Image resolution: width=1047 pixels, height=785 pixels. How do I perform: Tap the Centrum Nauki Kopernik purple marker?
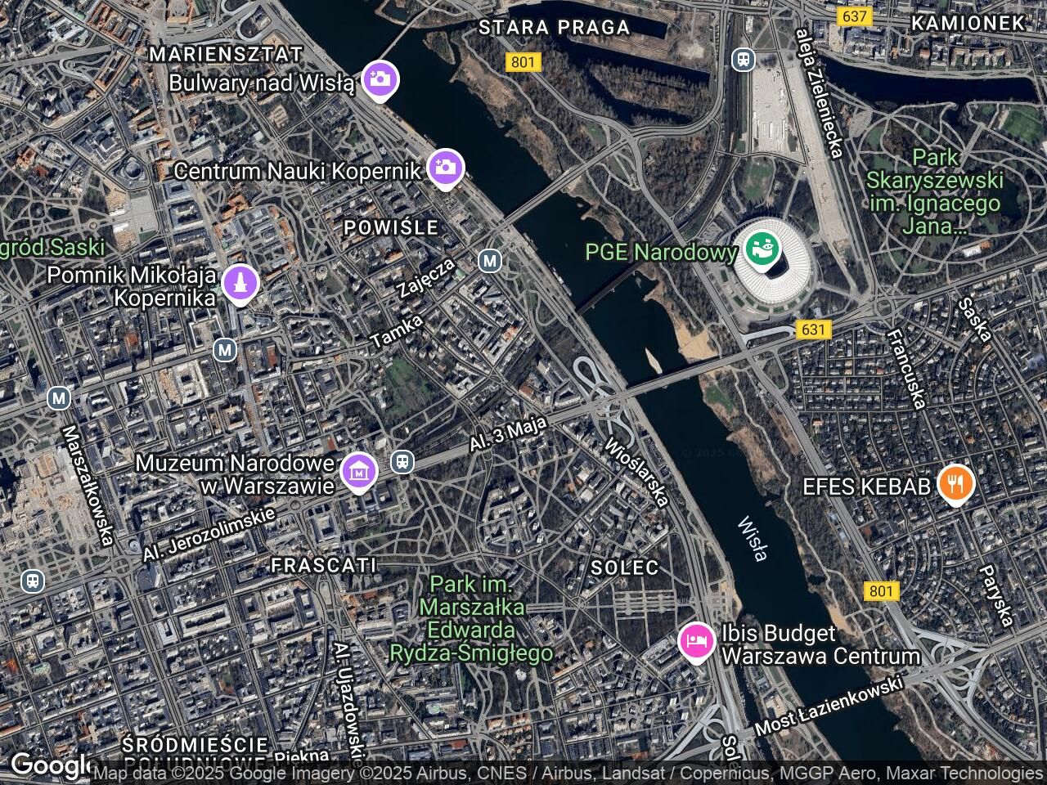[x=446, y=168]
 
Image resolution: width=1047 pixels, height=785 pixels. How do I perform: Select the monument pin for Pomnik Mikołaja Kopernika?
[x=240, y=283]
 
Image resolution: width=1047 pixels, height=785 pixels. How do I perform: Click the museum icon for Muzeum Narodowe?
[x=358, y=470]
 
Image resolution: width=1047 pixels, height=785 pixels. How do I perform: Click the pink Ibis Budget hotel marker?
[x=696, y=639]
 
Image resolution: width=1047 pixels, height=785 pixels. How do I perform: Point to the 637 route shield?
[x=853, y=16]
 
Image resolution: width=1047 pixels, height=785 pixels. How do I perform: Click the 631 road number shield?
[x=813, y=330]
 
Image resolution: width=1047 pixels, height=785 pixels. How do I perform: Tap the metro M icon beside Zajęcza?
[x=490, y=261]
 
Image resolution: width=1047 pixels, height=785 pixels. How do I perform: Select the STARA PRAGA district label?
[x=554, y=27]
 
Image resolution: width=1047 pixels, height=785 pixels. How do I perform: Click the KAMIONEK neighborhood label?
[x=968, y=23]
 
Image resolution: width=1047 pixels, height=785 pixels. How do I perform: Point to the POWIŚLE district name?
[x=391, y=227]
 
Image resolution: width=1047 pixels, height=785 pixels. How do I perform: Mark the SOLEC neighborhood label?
[x=625, y=567]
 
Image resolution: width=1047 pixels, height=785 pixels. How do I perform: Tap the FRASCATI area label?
[x=323, y=565]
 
